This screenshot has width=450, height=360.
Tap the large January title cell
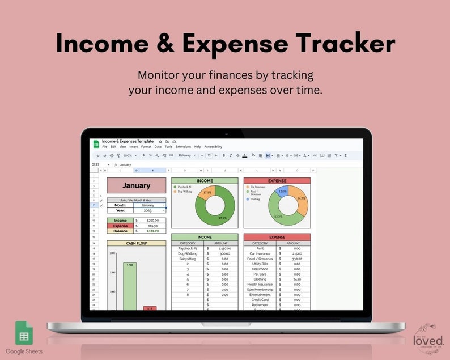point(136,185)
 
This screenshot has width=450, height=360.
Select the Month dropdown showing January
point(150,205)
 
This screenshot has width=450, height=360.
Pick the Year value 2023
point(148,210)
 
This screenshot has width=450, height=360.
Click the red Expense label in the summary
point(120,226)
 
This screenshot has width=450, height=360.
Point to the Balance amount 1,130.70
point(152,231)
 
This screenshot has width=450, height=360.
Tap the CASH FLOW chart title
point(136,243)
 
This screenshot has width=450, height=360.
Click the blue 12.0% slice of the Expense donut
point(282,192)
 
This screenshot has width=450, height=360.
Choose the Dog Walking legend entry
point(185,191)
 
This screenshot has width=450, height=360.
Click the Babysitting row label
point(187,259)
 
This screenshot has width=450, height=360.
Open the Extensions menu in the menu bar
point(183,147)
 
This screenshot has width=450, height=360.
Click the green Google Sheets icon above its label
point(23,333)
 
